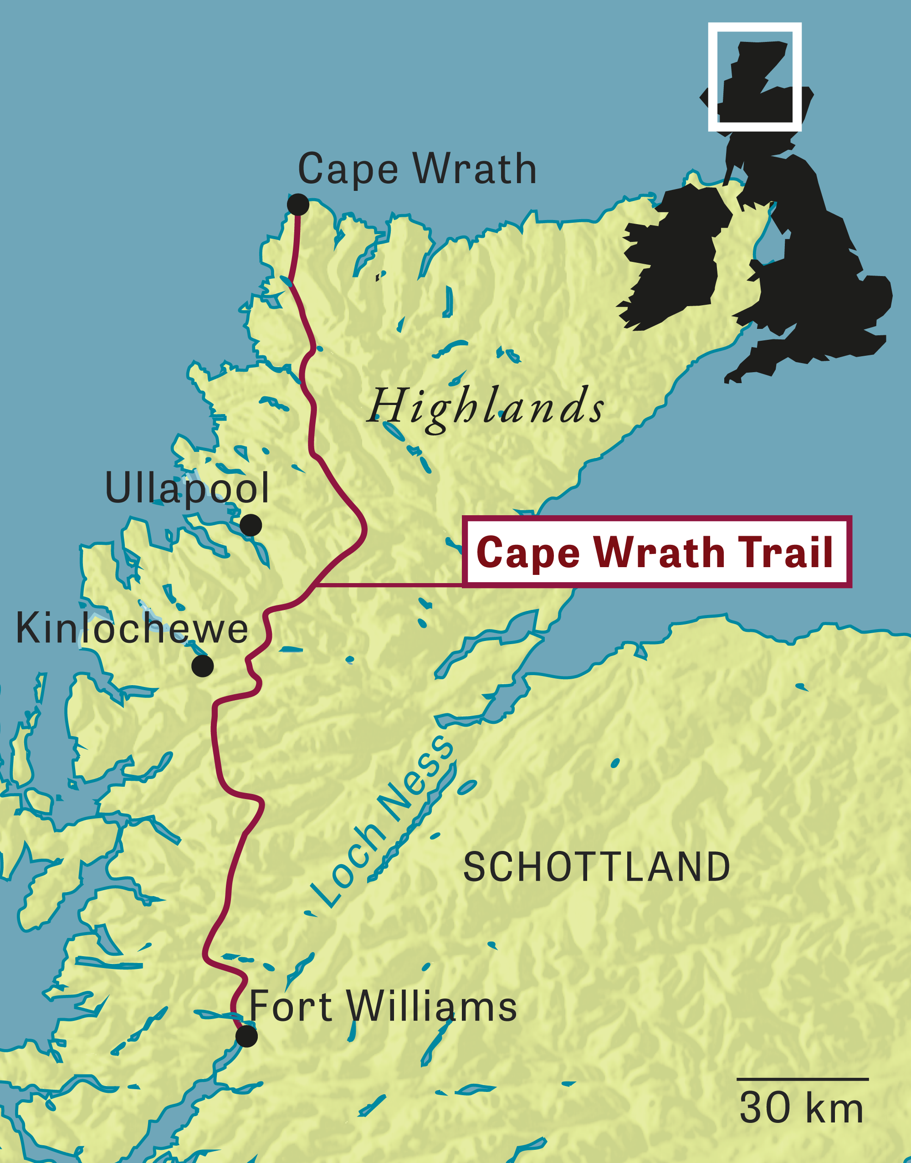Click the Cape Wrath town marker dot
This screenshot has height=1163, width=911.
(297, 205)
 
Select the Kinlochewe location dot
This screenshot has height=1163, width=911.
(203, 666)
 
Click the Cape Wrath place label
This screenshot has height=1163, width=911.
(417, 169)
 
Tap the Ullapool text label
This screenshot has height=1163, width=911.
(187, 488)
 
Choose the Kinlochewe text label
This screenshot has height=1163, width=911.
(132, 629)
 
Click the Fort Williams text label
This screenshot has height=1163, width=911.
(383, 1006)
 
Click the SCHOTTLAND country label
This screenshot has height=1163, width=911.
(596, 867)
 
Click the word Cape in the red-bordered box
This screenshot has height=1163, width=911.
(528, 553)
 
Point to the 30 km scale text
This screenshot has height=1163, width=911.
(801, 1109)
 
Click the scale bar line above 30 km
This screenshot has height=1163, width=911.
(802, 1079)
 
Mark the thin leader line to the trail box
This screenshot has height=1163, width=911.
(389, 585)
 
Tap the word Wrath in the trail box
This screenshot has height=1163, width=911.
(659, 552)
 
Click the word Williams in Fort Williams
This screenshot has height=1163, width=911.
(432, 1006)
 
